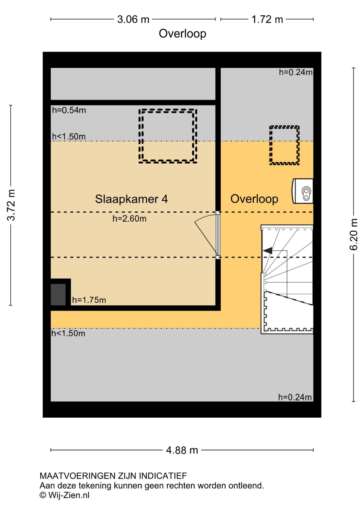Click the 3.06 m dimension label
(x=133, y=19)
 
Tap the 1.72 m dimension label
(x=267, y=19)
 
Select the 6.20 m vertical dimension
(x=354, y=234)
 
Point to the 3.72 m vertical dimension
(x=11, y=205)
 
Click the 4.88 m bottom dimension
(x=182, y=450)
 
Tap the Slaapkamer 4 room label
(x=132, y=199)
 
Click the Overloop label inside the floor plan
(x=254, y=199)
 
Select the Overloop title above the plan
(x=182, y=34)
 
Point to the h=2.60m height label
(x=129, y=219)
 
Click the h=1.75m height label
(x=89, y=300)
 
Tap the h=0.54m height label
(x=69, y=111)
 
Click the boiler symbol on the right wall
(x=302, y=191)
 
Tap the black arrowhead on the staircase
(x=267, y=251)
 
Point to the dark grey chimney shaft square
(x=58, y=295)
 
